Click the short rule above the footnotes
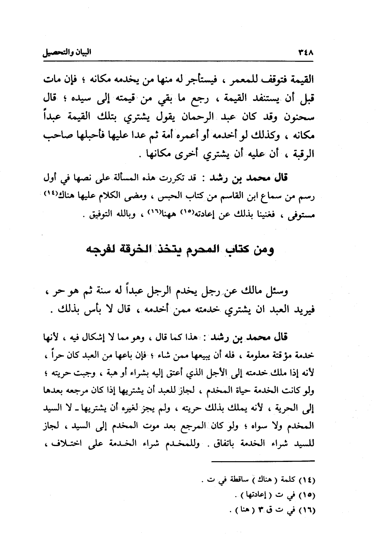tap(262, 461)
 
